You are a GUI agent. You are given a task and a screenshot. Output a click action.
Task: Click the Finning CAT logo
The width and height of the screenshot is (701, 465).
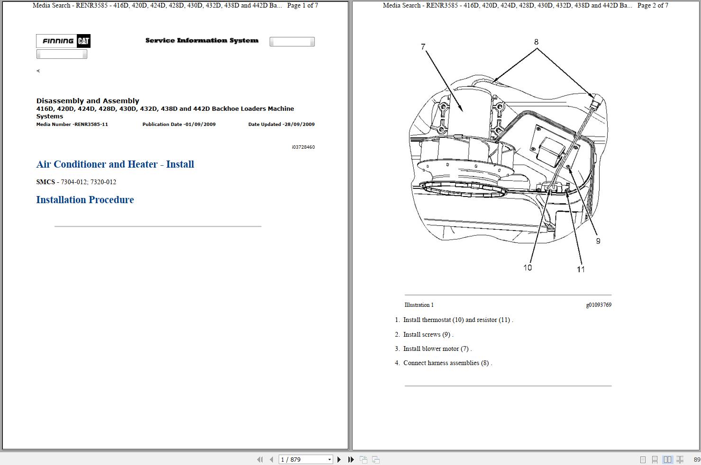click(64, 41)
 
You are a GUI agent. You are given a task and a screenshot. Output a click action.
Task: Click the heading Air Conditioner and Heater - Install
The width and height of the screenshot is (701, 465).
click(115, 164)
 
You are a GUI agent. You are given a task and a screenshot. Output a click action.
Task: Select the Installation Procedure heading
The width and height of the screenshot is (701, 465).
click(85, 200)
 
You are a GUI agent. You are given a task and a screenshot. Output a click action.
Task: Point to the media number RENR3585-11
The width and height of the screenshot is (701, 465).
click(72, 125)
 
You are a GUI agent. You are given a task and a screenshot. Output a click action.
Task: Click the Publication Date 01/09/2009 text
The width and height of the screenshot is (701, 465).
click(179, 125)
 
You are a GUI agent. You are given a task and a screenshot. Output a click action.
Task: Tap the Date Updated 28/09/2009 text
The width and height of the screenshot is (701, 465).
click(281, 125)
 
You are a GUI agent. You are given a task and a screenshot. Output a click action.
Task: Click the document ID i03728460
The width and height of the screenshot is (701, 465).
click(303, 147)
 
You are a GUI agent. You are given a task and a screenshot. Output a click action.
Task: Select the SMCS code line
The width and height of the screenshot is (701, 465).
click(76, 182)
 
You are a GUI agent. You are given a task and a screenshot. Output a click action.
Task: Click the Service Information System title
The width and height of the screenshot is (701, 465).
click(202, 41)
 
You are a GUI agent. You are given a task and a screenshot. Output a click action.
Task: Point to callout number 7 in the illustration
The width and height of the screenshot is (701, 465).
click(423, 46)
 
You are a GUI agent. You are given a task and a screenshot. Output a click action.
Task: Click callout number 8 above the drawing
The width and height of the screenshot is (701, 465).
click(536, 42)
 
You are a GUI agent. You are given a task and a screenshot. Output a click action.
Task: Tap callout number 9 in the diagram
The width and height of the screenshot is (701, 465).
click(598, 241)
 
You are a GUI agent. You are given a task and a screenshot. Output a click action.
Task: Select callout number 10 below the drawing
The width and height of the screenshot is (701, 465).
click(528, 268)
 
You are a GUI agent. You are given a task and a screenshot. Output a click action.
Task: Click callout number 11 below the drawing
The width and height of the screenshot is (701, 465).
click(581, 269)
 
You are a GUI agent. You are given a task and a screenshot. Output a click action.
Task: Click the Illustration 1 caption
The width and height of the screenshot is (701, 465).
click(419, 305)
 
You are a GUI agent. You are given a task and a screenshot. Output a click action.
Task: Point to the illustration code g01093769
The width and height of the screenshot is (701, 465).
click(598, 305)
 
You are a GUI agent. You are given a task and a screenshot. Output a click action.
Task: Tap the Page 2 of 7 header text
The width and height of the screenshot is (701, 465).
click(653, 6)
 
